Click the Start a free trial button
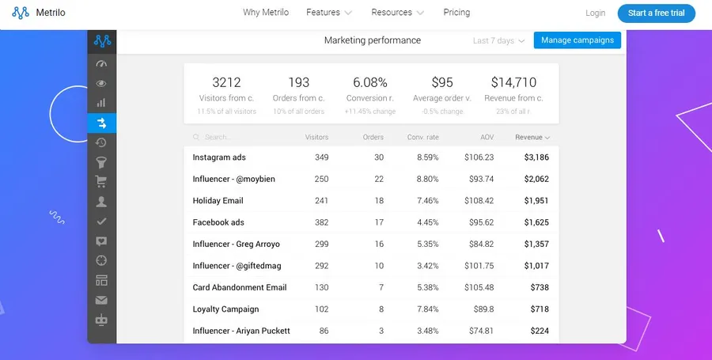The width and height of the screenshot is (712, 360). click(x=656, y=13)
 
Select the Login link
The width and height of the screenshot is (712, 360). click(x=595, y=13)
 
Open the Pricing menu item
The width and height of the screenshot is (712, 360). click(x=456, y=13)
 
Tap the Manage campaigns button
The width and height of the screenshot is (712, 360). click(x=577, y=40)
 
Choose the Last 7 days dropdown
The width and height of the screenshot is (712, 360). click(x=498, y=41)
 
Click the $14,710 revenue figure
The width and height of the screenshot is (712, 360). click(x=513, y=82)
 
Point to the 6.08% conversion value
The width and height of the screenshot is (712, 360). click(x=370, y=82)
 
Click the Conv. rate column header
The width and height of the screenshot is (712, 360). click(x=422, y=138)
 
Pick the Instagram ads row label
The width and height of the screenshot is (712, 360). click(x=218, y=157)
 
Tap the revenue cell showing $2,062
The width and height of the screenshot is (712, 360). click(x=536, y=180)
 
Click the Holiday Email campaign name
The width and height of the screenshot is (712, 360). click(x=218, y=201)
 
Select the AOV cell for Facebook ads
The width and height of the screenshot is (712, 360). click(x=479, y=223)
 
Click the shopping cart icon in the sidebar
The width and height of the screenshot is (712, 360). click(x=101, y=182)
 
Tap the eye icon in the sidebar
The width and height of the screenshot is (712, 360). click(x=101, y=84)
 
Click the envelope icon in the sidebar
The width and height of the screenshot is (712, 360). click(x=101, y=301)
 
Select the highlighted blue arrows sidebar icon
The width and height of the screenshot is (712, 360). click(x=101, y=123)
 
